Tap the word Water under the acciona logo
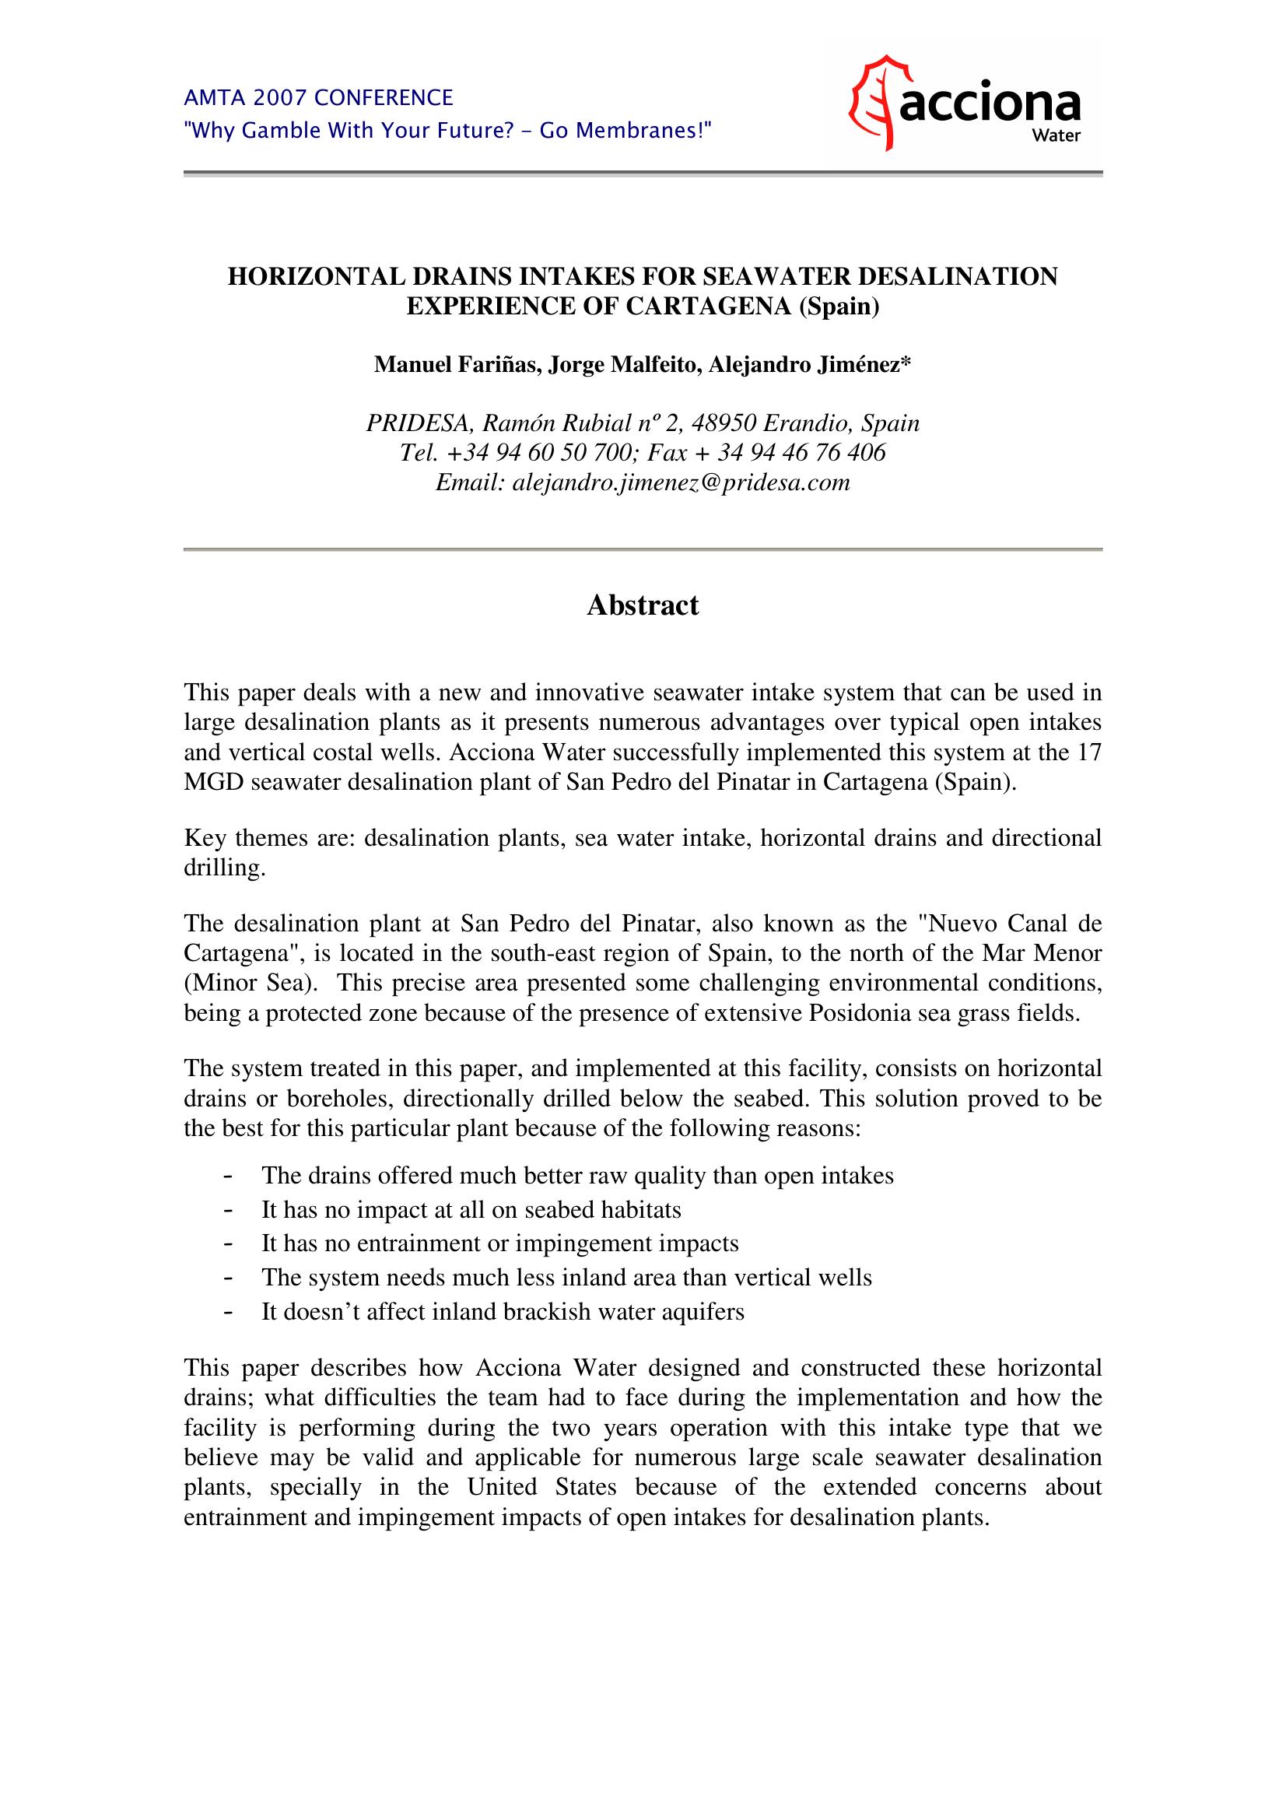pos(1057,135)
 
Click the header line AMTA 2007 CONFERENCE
pos(318,98)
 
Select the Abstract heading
pos(643,605)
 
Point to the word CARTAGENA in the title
pos(710,307)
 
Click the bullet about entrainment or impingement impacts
pos(500,1243)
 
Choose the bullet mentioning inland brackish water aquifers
pos(503,1312)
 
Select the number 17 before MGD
pos(1089,752)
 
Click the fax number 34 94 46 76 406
pos(801,453)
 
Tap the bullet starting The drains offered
pos(577,1175)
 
